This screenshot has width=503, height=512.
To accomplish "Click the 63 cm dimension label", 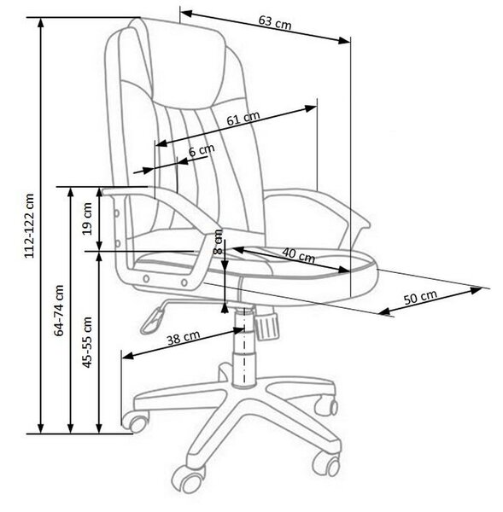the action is tap(274, 22).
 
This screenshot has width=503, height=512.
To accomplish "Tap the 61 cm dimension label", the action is tap(243, 118).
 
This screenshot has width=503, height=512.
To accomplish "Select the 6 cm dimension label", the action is tap(202, 150).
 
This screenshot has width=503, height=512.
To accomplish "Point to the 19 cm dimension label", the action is tap(88, 218).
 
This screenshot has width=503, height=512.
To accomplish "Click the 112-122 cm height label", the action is tap(29, 226).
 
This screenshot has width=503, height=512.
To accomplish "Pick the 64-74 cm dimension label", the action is tap(59, 311).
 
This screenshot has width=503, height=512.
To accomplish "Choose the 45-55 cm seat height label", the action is tap(87, 342).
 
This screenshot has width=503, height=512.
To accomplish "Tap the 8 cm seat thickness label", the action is tap(218, 241).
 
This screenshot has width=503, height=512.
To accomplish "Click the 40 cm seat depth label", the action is tap(298, 255).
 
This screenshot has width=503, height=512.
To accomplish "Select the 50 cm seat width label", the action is tap(420, 297).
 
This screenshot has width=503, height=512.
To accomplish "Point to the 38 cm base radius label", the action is tap(184, 338).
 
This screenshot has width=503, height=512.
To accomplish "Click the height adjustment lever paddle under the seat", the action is tap(152, 321).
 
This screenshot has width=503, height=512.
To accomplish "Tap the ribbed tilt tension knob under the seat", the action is tap(266, 325).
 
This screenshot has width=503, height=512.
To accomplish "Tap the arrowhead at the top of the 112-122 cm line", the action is tap(41, 22).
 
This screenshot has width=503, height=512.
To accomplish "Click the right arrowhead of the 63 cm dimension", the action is tap(344, 40).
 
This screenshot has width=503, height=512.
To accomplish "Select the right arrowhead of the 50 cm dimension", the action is tap(476, 289).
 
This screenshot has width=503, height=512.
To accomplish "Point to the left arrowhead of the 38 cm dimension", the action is tap(127, 355).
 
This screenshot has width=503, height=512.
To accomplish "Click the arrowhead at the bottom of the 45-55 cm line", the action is tap(99, 428).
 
